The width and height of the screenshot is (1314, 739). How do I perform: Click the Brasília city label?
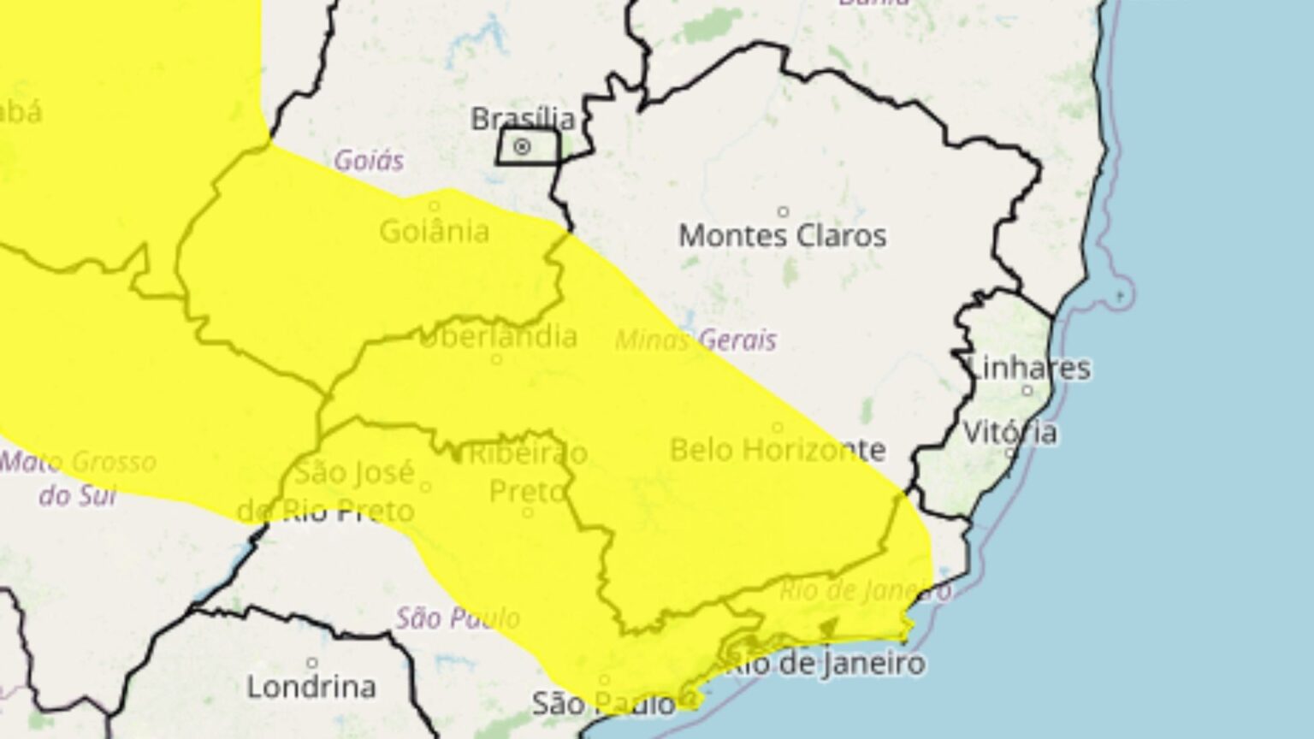[523, 118]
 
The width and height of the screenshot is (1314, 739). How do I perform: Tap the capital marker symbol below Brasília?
[521, 147]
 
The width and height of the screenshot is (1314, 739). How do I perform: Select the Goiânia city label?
[435, 231]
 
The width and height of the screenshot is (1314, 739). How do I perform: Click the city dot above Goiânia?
[435, 206]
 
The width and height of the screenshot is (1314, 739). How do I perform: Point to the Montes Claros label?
[783, 235]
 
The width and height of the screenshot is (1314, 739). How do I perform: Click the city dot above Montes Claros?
[783, 211]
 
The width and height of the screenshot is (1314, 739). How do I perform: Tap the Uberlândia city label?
[498, 337]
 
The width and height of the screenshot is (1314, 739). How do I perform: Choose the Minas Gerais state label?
[695, 340]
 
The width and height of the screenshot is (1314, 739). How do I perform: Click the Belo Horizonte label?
[777, 449]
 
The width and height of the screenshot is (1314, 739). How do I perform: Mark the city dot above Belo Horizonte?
[777, 427]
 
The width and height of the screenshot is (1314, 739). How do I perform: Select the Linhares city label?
[1029, 368]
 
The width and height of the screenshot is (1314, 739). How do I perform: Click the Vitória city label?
[1010, 432]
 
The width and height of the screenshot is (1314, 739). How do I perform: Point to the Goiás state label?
[369, 160]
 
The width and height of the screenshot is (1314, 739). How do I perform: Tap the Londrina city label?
[311, 686]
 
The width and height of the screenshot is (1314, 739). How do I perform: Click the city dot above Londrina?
[312, 663]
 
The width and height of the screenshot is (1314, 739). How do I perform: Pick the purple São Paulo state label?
[458, 618]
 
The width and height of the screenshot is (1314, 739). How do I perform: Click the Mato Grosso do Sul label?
[78, 477]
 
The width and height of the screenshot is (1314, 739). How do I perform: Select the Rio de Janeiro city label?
[825, 663]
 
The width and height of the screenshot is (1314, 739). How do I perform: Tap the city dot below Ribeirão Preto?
[528, 512]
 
